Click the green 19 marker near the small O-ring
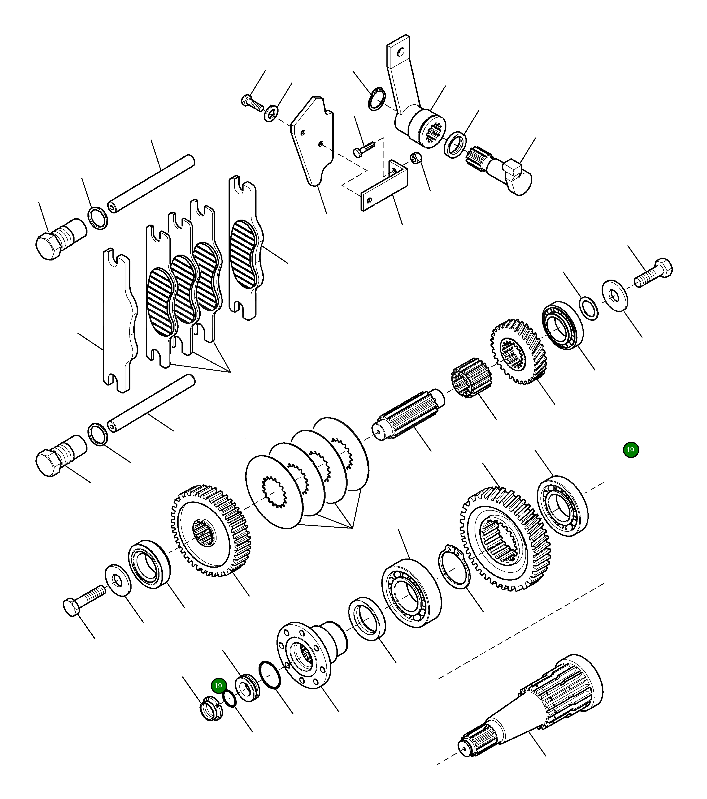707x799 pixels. click(x=218, y=686)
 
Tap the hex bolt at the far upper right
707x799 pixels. click(x=654, y=273)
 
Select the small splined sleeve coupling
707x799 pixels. click(x=471, y=377)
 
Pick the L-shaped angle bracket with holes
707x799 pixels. click(x=385, y=187)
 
